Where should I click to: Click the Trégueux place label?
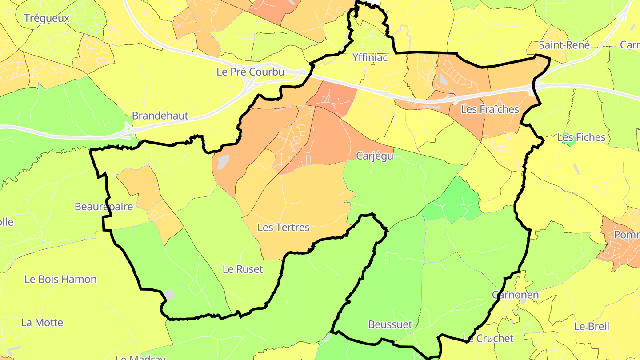pos(47,18)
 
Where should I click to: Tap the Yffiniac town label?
pos(370,57)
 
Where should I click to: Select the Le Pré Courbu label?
pos(250,72)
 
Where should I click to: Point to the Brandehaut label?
pos(160,116)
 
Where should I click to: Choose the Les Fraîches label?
pos(490,109)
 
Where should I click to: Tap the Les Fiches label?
pos(581,137)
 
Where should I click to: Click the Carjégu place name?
pos(375,156)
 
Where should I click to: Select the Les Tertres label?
pos(283,228)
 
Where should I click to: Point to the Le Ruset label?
pos(243,269)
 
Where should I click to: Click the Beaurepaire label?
pos(104,207)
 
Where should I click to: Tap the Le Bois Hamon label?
pos(60,279)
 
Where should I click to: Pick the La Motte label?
pos(42,323)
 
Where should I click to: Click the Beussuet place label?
pos(390,324)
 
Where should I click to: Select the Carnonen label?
pos(515,295)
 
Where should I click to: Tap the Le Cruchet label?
pos(488,338)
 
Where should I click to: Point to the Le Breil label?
pos(591,326)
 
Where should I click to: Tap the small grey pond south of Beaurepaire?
pos(169,294)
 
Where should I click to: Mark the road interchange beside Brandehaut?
pos(129,130)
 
